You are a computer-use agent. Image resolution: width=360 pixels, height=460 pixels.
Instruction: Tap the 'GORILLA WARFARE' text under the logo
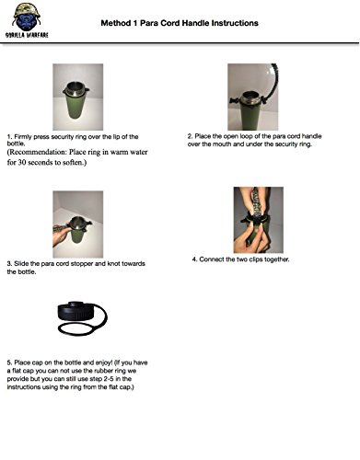pos(27,35)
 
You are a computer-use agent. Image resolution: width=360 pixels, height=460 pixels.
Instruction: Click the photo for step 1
pos(78,97)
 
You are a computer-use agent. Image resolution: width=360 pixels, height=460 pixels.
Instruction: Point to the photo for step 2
pos(253,97)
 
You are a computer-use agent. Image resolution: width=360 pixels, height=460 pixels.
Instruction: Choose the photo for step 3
pos(78,224)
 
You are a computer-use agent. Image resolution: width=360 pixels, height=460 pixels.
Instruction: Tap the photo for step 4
pos(259,220)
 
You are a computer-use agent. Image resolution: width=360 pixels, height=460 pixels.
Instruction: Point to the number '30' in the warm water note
pos(22,162)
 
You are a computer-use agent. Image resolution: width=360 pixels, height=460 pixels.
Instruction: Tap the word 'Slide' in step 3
pos(21,263)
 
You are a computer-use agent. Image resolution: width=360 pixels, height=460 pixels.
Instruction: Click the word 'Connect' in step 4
pos(212,259)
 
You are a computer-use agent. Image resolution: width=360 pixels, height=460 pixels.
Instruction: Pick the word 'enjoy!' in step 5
pos(104,362)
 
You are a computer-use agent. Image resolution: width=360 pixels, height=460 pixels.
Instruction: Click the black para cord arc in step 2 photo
pos(274,80)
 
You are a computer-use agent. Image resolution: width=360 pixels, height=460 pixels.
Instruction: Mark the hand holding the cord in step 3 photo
pos(60,236)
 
